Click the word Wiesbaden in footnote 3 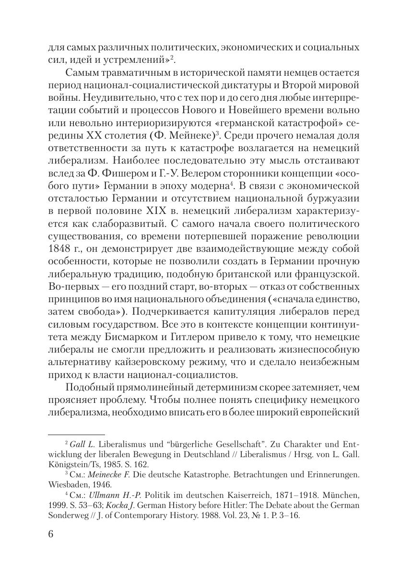pos(65,484)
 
